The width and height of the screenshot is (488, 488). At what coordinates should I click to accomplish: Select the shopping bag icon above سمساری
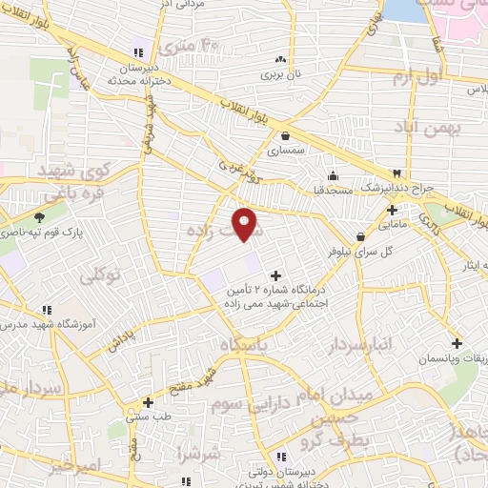287,135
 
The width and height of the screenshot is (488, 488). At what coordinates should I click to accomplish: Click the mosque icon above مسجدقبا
332,175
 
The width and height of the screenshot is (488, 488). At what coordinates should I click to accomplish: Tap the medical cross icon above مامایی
393,210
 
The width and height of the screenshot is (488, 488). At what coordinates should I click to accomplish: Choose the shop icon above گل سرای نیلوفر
360,236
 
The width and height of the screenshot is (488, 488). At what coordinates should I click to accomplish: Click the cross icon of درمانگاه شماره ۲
276,275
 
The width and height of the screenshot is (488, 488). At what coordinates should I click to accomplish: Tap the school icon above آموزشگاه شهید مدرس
47,309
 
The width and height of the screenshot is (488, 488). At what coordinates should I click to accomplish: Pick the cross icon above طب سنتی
148,402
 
